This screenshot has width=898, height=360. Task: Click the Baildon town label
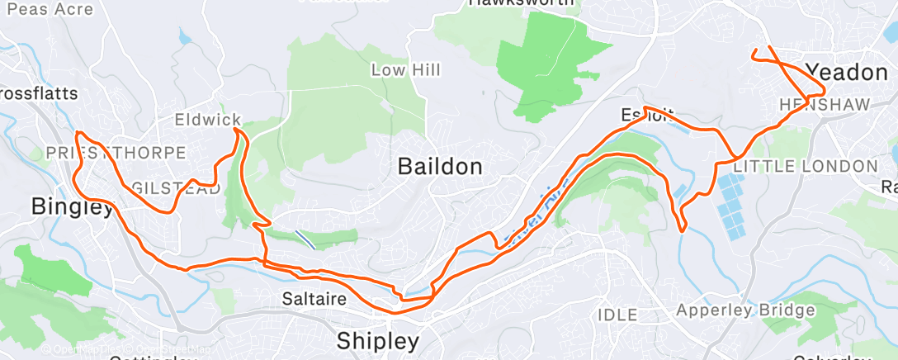point(440,166)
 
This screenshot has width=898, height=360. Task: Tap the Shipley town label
point(379,340)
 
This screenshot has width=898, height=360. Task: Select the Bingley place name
point(71,206)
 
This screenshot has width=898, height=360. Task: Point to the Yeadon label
point(846,72)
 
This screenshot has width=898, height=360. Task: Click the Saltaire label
point(313,297)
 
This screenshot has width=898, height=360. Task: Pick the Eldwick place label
point(207,121)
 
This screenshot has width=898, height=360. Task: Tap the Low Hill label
point(405,70)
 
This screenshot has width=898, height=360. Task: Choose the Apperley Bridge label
point(745,310)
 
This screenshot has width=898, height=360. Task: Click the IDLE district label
point(617,315)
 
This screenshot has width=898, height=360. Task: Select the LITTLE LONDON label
point(806,166)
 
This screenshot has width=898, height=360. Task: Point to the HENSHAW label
point(813,105)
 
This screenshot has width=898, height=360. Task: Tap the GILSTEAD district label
point(176,189)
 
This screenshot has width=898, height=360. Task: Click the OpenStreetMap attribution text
point(124,349)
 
